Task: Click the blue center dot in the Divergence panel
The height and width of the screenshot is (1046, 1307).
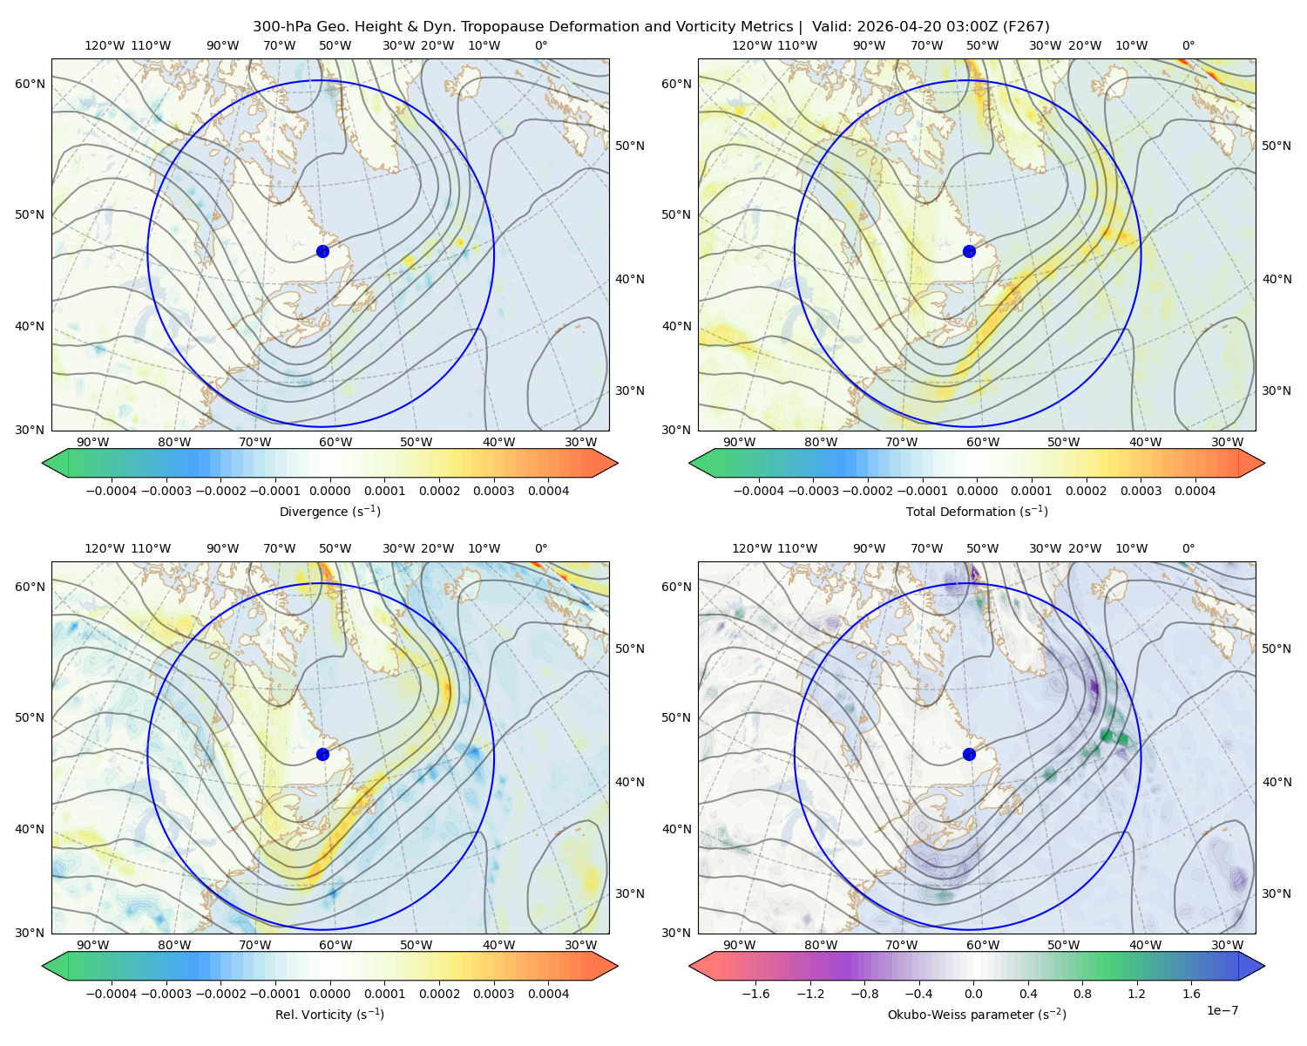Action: tap(322, 251)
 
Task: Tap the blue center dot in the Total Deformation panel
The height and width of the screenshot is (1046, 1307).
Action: tap(969, 251)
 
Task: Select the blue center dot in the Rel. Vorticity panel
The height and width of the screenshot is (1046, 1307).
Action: tap(322, 754)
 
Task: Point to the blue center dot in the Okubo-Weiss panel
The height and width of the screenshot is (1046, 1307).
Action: tap(969, 754)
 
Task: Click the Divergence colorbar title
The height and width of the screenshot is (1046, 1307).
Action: tap(329, 511)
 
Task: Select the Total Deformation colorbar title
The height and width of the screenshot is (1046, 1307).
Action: tap(977, 511)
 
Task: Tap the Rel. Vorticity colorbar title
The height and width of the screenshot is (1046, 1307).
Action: tap(329, 1014)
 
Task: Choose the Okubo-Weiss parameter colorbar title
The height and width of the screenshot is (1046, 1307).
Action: tap(977, 1014)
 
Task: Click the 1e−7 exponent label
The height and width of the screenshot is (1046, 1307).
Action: tap(1222, 1010)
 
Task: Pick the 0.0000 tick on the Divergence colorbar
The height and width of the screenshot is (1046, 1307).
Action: tap(329, 491)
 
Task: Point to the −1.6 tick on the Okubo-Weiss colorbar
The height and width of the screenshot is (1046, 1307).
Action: tap(755, 993)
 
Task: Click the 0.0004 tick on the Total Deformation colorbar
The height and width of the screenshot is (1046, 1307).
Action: tap(1195, 491)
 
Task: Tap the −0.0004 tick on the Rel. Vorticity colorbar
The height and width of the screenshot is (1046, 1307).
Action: tap(112, 993)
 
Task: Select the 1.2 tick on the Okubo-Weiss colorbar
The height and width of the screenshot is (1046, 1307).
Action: tap(1136, 993)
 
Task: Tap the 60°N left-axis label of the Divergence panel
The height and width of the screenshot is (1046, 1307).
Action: tap(30, 84)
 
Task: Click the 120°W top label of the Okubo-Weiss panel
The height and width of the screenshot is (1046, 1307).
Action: tap(752, 547)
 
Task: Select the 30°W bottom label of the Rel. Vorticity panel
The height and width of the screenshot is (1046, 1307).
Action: tap(580, 945)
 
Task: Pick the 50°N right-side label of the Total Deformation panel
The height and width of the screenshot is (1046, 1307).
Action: tap(1276, 146)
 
